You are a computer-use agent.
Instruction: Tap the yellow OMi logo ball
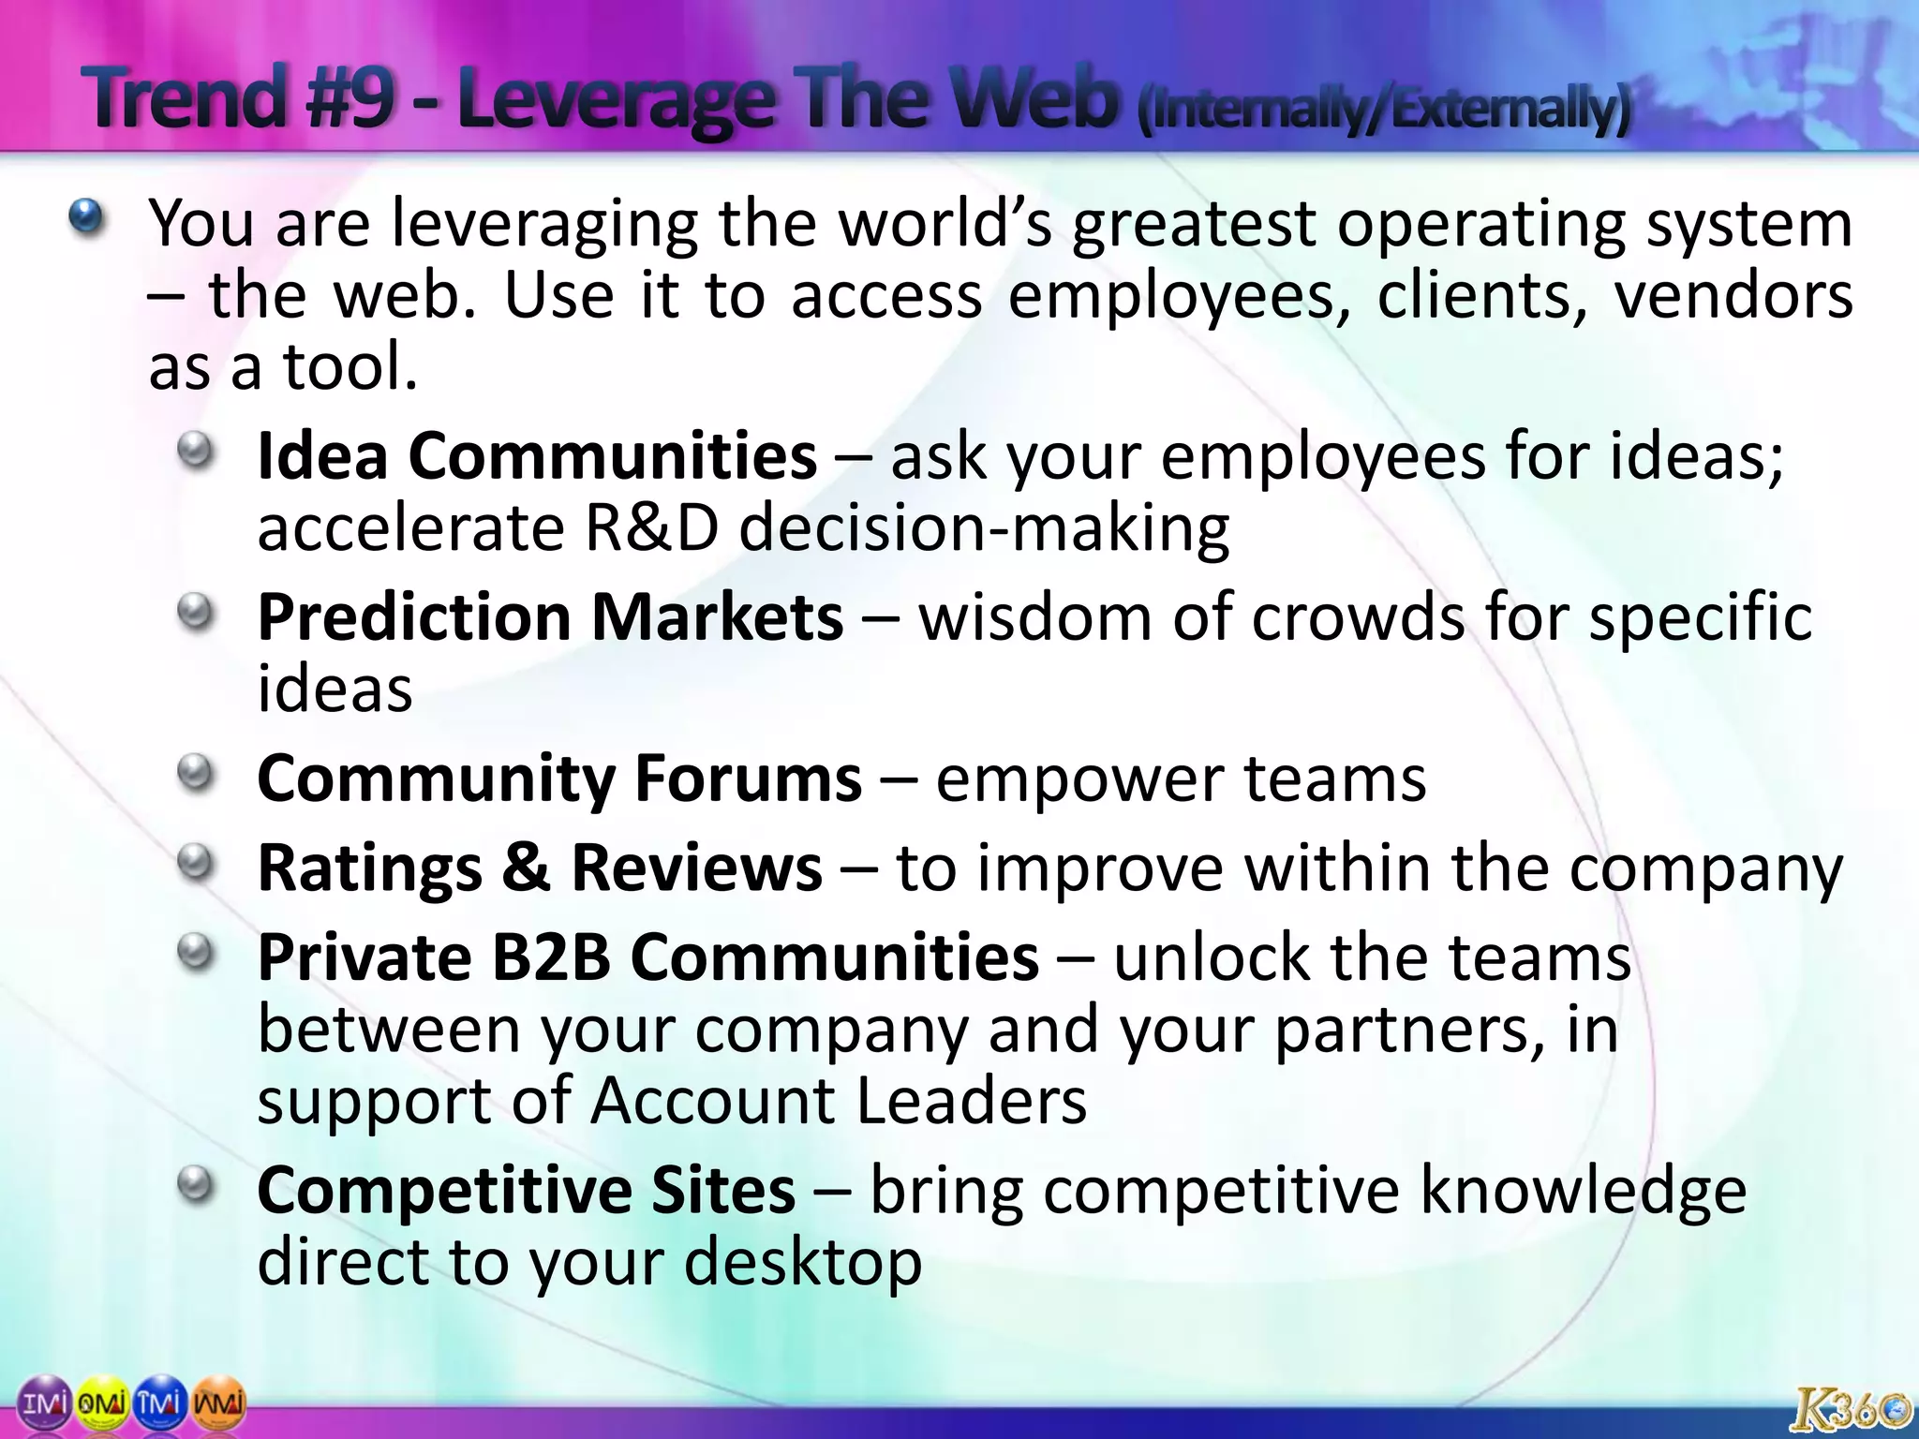point(100,1403)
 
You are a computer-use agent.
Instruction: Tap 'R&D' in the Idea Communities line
point(651,528)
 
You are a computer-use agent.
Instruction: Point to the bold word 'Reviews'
point(696,868)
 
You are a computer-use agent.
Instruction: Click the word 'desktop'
point(803,1263)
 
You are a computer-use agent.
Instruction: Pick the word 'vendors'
point(1733,296)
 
